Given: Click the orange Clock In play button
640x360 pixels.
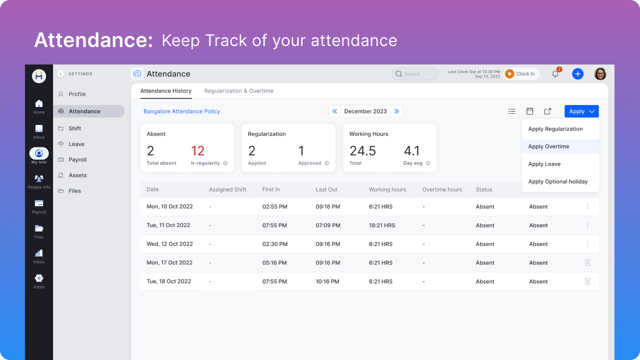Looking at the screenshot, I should click(x=509, y=74).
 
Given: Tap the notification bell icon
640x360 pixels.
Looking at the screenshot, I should click(x=555, y=74).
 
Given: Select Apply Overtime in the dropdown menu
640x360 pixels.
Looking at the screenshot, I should click(x=548, y=146).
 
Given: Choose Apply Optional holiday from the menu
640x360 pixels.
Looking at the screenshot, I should click(x=557, y=181).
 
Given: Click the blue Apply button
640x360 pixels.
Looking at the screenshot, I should click(x=581, y=111).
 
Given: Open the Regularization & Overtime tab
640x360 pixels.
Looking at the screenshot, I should click(x=238, y=91).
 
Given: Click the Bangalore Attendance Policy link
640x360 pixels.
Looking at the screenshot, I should click(x=181, y=111).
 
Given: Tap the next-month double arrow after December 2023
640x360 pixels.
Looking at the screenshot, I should click(x=396, y=111).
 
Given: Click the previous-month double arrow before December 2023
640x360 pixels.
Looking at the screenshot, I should click(x=335, y=111).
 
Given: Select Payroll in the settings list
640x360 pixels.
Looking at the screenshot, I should click(x=77, y=159).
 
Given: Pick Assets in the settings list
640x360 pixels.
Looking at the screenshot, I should click(x=77, y=175).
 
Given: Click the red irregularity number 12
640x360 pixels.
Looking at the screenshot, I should click(x=198, y=151).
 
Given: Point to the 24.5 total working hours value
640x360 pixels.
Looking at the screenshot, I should click(x=362, y=151).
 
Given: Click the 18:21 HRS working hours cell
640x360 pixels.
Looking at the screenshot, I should click(x=382, y=225).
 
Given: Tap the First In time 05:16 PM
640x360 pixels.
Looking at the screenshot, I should click(x=274, y=262).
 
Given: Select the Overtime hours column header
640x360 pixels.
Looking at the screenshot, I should click(x=442, y=189).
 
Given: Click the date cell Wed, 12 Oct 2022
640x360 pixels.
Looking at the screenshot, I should click(x=169, y=244).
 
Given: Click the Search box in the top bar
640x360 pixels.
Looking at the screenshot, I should click(x=415, y=74).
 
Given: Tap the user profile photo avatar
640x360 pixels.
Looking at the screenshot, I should click(x=600, y=74).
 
